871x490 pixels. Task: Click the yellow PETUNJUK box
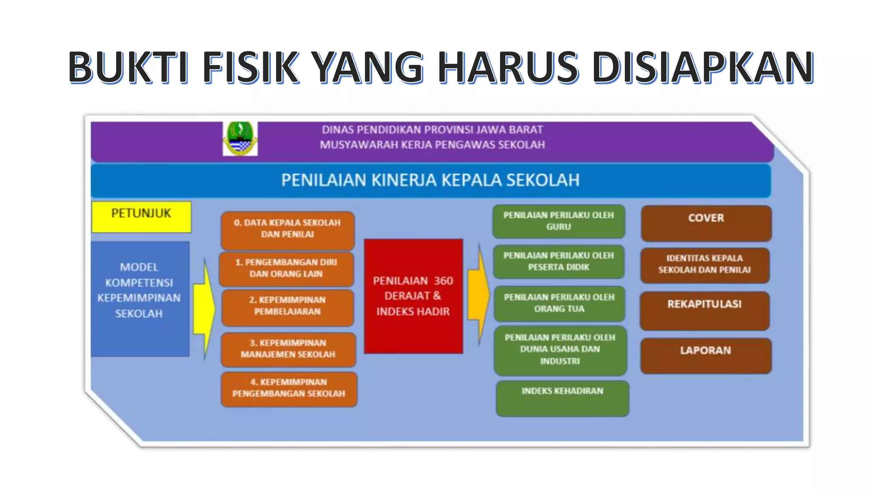click(x=141, y=217)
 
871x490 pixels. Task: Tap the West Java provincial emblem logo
click(x=240, y=138)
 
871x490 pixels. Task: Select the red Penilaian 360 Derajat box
click(x=413, y=296)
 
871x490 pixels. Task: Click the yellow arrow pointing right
click(x=205, y=308)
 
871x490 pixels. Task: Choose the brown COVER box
click(x=706, y=223)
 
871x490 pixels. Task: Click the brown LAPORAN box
click(x=706, y=356)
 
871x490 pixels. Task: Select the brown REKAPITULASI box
click(x=704, y=310)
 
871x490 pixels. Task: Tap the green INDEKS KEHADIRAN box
click(x=562, y=398)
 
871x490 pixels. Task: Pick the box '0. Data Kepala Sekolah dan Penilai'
click(x=287, y=230)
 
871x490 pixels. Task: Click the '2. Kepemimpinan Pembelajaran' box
click(x=287, y=307)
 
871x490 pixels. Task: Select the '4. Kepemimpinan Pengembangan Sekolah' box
click(x=289, y=389)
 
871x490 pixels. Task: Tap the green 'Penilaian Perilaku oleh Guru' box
click(x=558, y=221)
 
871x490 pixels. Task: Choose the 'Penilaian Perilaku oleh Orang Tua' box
click(x=559, y=303)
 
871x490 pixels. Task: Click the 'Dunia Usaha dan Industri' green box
click(x=560, y=350)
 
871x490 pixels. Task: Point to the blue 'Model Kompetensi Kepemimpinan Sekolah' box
click(x=139, y=299)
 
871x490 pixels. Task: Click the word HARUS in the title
click(x=508, y=67)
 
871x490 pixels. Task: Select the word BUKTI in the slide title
click(x=128, y=67)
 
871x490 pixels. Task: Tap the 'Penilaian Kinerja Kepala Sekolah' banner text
click(x=430, y=180)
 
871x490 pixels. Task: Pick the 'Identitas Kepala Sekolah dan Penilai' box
click(x=705, y=265)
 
